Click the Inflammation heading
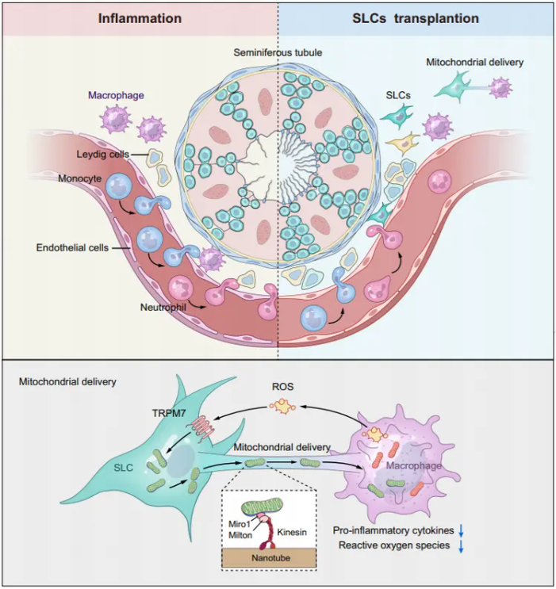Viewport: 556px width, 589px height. (x=140, y=18)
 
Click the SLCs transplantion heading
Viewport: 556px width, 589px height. (x=416, y=18)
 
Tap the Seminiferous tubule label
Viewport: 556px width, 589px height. (x=278, y=52)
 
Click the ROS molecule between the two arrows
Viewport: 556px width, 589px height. (x=282, y=406)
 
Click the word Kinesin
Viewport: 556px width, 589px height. (x=292, y=532)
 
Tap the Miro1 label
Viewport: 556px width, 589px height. (x=240, y=524)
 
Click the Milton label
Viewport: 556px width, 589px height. (x=240, y=535)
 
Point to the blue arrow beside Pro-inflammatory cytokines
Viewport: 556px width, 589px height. (x=461, y=531)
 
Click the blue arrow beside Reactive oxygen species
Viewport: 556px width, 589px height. (x=461, y=547)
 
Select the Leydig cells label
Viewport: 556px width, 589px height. (x=102, y=155)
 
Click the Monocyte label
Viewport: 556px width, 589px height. (x=79, y=178)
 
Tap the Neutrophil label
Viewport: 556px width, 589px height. (x=163, y=308)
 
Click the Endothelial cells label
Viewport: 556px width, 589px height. (x=72, y=248)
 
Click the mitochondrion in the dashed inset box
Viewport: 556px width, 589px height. (x=263, y=507)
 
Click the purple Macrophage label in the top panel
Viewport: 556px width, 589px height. (x=116, y=95)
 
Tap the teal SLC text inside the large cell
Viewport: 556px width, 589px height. (x=123, y=468)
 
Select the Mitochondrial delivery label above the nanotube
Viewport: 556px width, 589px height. (x=282, y=447)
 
